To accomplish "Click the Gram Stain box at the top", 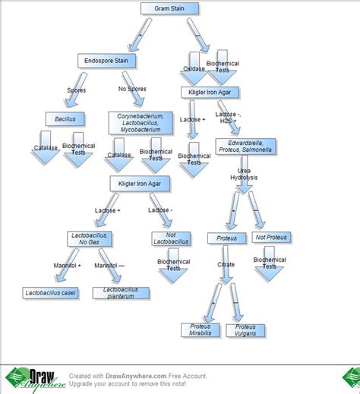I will (169, 9).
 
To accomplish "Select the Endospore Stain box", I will (105, 59).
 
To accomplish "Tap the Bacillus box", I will (65, 119).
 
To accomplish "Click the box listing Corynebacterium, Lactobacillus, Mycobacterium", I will (138, 122).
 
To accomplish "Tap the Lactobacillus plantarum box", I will (120, 293).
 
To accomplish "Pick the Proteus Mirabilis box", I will (201, 329).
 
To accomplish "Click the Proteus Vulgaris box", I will (251, 329).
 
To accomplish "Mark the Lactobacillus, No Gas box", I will (90, 238).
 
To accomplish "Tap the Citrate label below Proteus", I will (226, 265).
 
